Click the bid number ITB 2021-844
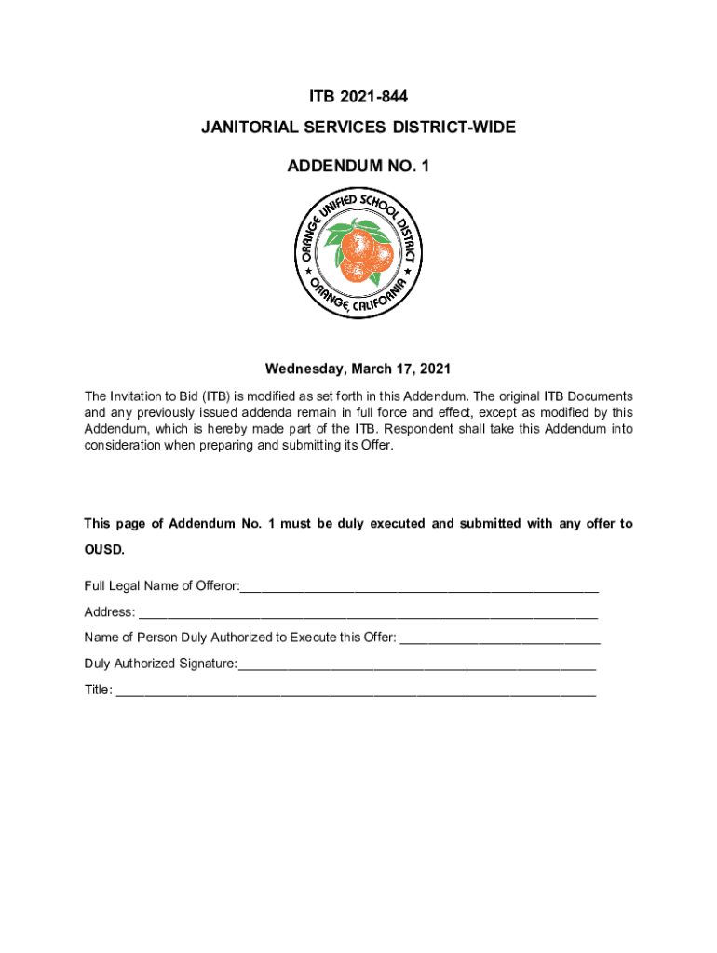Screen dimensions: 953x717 [x=358, y=97]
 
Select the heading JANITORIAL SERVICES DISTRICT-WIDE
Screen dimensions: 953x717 [x=358, y=128]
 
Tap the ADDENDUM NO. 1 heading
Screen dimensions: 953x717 [x=358, y=167]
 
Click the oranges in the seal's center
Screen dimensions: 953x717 [x=358, y=253]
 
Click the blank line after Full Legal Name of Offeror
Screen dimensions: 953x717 [x=419, y=587]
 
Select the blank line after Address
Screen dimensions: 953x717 [x=368, y=613]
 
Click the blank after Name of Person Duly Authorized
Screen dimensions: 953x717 [x=499, y=639]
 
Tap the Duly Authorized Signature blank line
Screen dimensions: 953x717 [x=417, y=665]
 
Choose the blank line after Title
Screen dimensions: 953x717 [x=355, y=691]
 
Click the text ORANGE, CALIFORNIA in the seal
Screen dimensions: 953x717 [x=358, y=297]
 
